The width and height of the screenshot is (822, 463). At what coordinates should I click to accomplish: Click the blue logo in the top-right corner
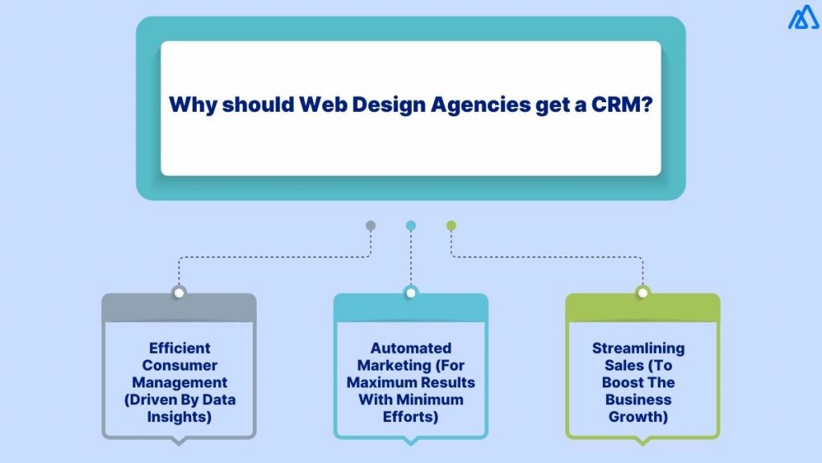click(x=803, y=18)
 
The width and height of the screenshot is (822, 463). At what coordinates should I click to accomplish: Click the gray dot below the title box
click(x=370, y=226)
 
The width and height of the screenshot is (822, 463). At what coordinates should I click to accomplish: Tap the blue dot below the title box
click(x=411, y=226)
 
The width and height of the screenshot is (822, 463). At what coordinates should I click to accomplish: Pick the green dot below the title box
click(x=451, y=226)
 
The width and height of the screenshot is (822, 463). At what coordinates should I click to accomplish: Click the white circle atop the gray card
click(x=179, y=293)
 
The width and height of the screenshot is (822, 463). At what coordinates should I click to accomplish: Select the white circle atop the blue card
click(x=411, y=293)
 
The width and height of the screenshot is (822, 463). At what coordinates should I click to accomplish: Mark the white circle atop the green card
click(x=642, y=293)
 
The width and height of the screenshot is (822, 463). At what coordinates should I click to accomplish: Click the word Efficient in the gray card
click(x=180, y=348)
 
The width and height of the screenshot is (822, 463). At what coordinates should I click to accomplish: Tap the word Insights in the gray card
click(x=180, y=416)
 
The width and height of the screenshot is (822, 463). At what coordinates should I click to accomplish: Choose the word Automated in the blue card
click(x=411, y=348)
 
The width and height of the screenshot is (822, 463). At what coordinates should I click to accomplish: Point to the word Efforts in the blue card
click(x=411, y=416)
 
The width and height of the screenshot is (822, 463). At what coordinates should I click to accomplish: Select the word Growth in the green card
click(x=639, y=416)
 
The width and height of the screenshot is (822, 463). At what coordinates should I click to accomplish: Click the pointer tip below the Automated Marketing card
click(x=411, y=442)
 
